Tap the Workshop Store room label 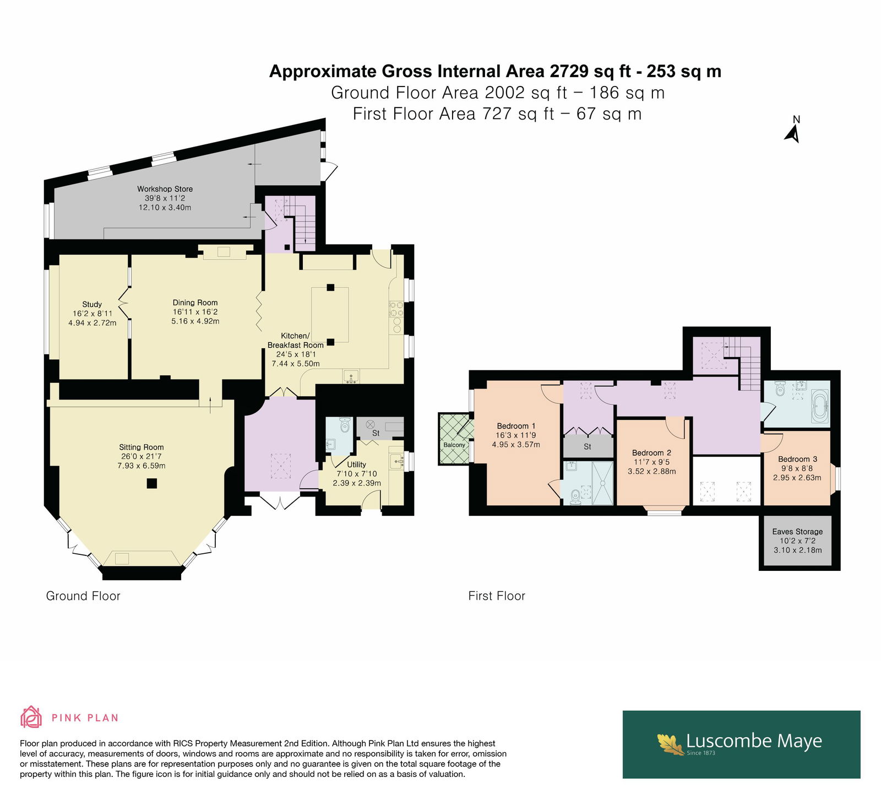(x=165, y=189)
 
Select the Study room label (x=92, y=304)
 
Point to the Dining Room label (x=195, y=303)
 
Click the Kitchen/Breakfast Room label (x=295, y=341)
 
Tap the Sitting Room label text (x=142, y=447)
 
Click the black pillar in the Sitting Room (x=152, y=483)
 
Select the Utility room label (x=356, y=465)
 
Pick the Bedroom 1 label (x=516, y=426)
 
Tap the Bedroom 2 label (x=651, y=453)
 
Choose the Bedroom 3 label (x=797, y=459)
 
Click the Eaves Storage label (x=797, y=532)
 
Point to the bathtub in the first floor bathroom (x=819, y=407)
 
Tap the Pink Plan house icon (x=31, y=717)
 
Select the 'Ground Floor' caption (x=83, y=596)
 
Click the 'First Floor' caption (x=497, y=596)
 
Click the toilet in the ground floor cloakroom (x=345, y=424)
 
